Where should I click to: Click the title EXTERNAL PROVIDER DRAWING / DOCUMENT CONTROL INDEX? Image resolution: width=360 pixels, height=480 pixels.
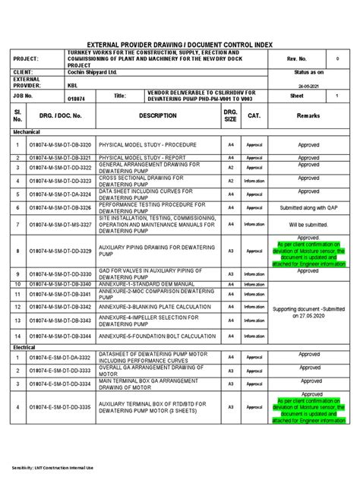tap(180, 46)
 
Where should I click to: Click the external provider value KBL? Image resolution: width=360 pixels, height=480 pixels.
tap(72, 85)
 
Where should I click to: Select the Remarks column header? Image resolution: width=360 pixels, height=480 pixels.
tap(309, 115)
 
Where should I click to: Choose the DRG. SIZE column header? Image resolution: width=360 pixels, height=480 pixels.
tap(230, 115)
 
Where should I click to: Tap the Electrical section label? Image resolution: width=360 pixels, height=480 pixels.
tap(24, 346)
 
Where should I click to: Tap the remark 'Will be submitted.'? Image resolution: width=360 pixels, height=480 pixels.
tap(309, 225)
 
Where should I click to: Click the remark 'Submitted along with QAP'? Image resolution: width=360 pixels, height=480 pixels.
tap(309, 207)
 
